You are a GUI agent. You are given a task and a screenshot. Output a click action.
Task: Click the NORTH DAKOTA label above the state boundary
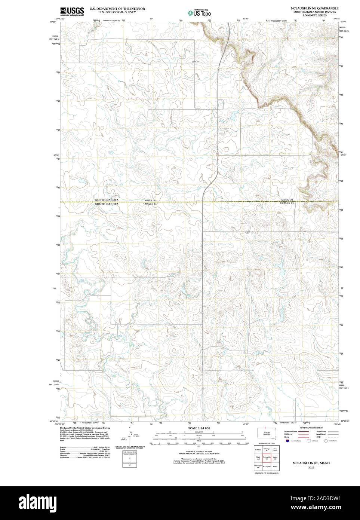[107, 200]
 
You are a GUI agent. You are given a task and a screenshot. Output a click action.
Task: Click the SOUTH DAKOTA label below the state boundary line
[107, 204]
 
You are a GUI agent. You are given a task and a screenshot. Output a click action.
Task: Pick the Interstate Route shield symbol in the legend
[287, 441]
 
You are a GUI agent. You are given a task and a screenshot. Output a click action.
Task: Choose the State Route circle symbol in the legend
[326, 441]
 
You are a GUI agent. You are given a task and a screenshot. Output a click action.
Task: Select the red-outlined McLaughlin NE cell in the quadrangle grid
[267, 458]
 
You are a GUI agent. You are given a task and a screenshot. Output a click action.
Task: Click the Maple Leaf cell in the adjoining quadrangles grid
[258, 458]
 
